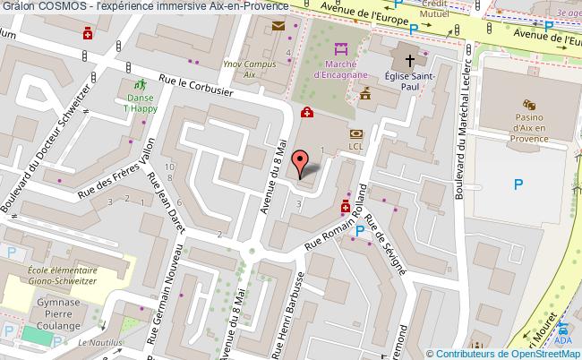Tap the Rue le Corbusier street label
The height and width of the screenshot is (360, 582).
[x=195, y=86]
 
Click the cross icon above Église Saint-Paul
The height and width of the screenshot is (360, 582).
[x=408, y=61]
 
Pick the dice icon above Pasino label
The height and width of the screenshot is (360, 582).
[x=529, y=105]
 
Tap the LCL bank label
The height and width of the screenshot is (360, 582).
[x=355, y=146]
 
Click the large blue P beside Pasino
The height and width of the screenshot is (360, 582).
[x=518, y=184]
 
